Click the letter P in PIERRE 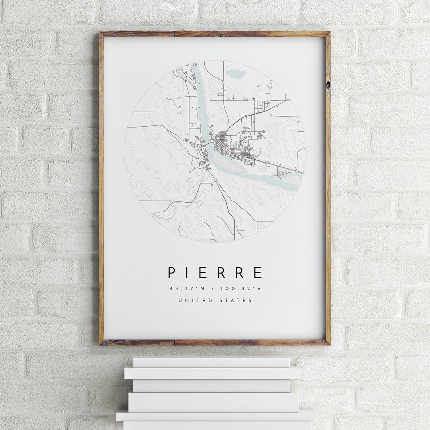pyautogui.click(x=172, y=273)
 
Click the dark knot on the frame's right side pyautogui.click(x=328, y=85)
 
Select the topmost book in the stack pyautogui.click(x=211, y=362)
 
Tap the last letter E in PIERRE pyautogui.click(x=258, y=273)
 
